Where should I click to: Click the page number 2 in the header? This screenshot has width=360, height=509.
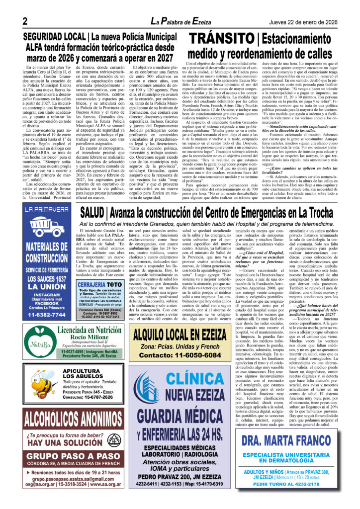tap(24, 20)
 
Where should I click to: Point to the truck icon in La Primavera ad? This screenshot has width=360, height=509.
tap(47, 226)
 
